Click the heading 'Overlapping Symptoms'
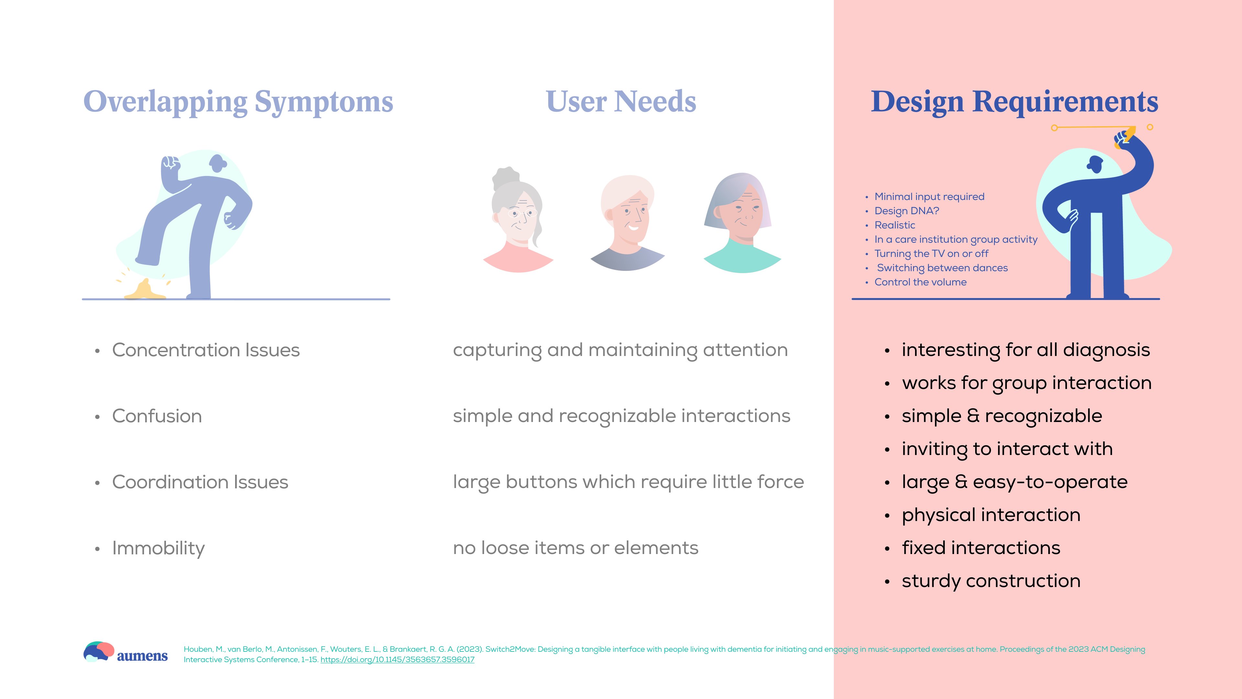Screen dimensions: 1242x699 (x=238, y=102)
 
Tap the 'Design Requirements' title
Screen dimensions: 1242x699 (x=1014, y=102)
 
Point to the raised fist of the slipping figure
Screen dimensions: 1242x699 (x=170, y=164)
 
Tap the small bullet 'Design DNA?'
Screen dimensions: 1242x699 (x=906, y=211)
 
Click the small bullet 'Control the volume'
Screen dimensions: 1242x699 (x=921, y=282)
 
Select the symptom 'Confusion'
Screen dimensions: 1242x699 (x=157, y=416)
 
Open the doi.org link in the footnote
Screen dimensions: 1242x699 (x=397, y=660)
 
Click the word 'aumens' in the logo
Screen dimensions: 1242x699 (x=142, y=656)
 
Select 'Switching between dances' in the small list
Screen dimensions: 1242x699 (x=942, y=268)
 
